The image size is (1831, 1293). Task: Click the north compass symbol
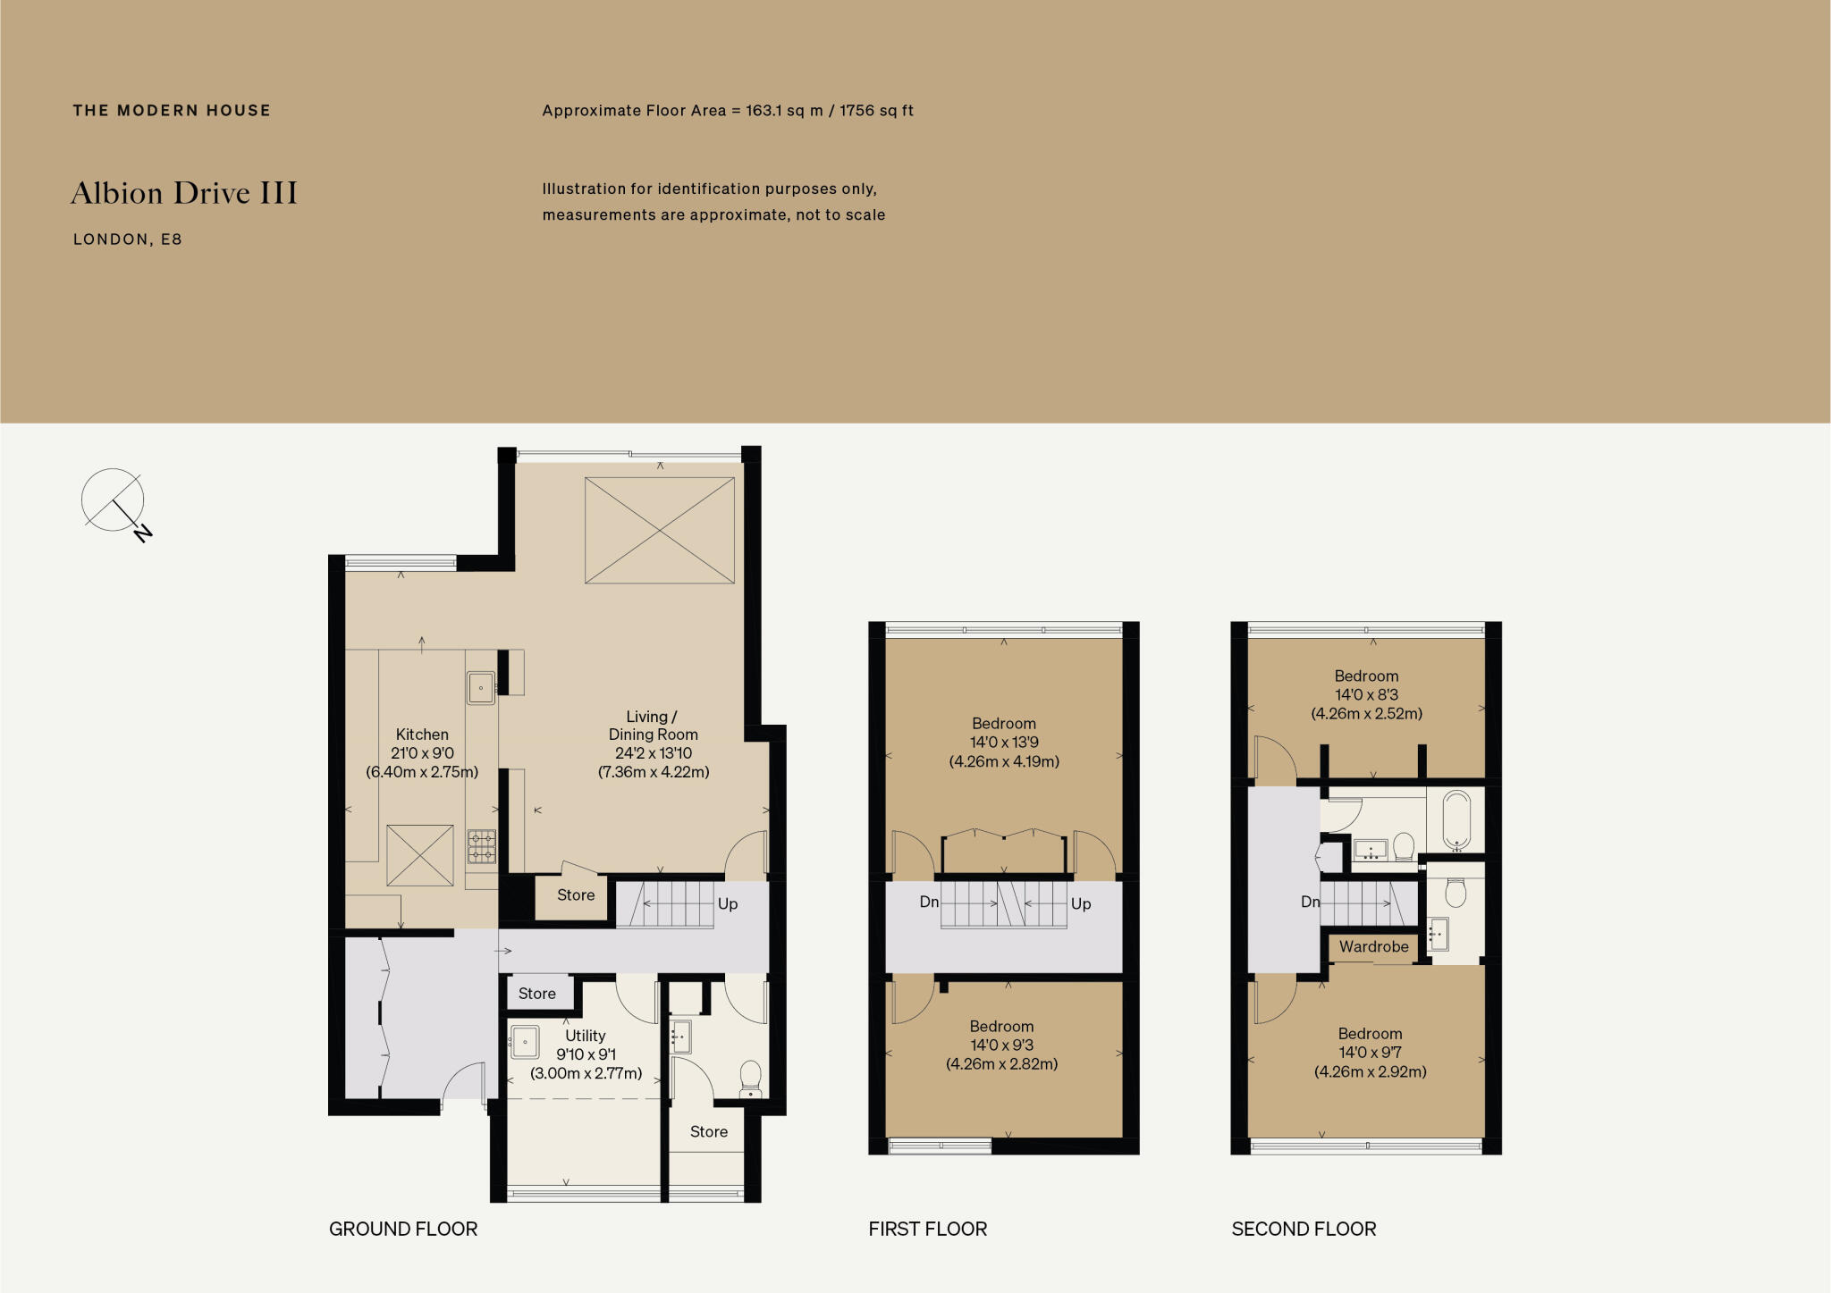coord(114,502)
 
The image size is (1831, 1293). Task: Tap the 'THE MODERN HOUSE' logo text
coord(172,111)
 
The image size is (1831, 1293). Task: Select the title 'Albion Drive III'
coord(184,193)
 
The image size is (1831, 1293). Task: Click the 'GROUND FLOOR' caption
coord(403,1229)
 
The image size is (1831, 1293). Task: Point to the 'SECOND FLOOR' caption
coord(1304,1229)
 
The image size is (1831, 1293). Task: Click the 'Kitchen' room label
coord(422,735)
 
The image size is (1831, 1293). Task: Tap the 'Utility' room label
coord(586,1036)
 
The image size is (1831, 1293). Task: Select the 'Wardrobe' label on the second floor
coord(1373,946)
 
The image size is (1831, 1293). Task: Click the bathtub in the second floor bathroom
coord(1456,819)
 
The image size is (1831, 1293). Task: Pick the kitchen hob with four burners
coord(482,846)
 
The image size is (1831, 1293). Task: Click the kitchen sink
coord(481,688)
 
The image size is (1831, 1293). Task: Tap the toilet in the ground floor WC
coord(751,1077)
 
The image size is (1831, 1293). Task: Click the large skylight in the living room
coord(660,530)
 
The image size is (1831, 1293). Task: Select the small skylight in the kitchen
coord(420,855)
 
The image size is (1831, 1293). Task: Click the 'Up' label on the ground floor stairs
coord(728,903)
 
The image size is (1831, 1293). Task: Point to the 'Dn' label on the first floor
coord(929,902)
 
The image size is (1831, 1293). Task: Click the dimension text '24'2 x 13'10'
coord(654,753)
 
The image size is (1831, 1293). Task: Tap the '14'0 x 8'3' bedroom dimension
coord(1366,694)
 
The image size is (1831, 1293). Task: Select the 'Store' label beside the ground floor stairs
coord(576,895)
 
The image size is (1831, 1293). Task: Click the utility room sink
coord(525,1042)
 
